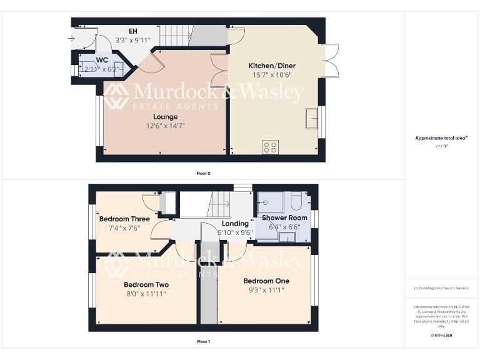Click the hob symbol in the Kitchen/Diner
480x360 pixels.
[x=271, y=147]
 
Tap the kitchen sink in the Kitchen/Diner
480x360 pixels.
[x=311, y=117]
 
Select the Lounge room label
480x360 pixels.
[x=165, y=116]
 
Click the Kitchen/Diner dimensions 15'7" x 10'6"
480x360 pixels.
[x=272, y=75]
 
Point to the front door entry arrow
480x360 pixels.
[x=71, y=39]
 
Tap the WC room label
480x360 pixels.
[x=102, y=60]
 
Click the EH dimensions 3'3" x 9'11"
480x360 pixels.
[x=133, y=40]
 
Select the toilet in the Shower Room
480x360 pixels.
[x=297, y=201]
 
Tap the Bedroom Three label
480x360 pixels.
[x=124, y=219]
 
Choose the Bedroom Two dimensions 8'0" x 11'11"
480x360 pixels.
[x=146, y=293]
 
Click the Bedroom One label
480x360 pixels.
[x=266, y=281]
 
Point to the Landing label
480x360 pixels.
[x=235, y=224]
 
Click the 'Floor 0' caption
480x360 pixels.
[x=203, y=173]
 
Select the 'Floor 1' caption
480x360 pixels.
[x=203, y=342]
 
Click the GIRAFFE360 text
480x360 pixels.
[x=441, y=336]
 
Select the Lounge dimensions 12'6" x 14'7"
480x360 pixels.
[x=165, y=126]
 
